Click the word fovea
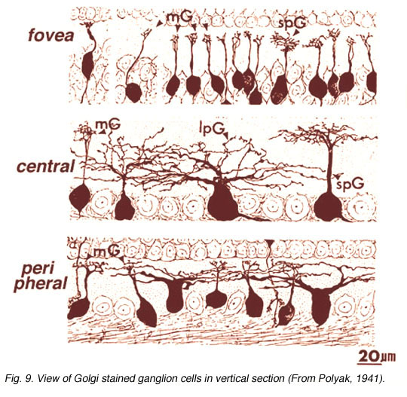[x=51, y=35]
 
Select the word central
[x=46, y=166]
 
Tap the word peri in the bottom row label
[x=38, y=270]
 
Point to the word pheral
[x=41, y=284]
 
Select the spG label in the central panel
[x=350, y=185]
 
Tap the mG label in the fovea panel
[x=180, y=17]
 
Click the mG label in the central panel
[x=108, y=124]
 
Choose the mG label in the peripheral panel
[x=107, y=251]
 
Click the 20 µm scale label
[x=377, y=356]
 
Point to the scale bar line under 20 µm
[x=369, y=364]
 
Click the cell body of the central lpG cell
[x=222, y=202]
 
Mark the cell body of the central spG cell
[x=328, y=206]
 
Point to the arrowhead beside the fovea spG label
[x=296, y=32]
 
